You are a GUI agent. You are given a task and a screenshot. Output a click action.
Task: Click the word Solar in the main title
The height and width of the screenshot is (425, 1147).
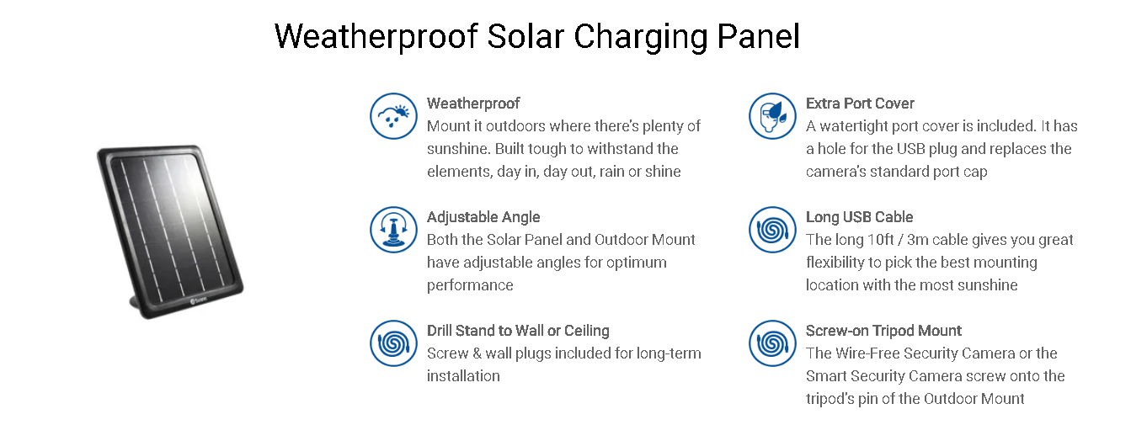pyautogui.click(x=525, y=36)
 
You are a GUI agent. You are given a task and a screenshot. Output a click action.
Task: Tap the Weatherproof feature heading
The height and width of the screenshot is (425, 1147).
pyautogui.click(x=473, y=104)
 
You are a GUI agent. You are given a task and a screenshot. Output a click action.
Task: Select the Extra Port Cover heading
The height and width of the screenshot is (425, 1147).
pyautogui.click(x=860, y=104)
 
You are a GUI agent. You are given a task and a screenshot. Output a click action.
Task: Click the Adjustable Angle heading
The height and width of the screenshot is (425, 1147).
pyautogui.click(x=483, y=217)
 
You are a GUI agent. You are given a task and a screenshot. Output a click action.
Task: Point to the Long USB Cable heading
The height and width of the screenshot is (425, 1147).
pyautogui.click(x=859, y=217)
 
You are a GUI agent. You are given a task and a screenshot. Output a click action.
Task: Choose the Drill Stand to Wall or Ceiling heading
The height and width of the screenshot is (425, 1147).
pyautogui.click(x=518, y=331)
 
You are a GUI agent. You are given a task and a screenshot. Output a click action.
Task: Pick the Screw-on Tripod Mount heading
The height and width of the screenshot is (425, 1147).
pyautogui.click(x=883, y=331)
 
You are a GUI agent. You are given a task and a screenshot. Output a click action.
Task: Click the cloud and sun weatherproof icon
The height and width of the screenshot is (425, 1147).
pyautogui.click(x=393, y=116)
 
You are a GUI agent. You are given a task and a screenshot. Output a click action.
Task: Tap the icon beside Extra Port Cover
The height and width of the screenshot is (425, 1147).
pyautogui.click(x=772, y=116)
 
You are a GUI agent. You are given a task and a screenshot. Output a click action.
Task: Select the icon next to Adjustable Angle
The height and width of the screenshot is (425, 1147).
pyautogui.click(x=393, y=230)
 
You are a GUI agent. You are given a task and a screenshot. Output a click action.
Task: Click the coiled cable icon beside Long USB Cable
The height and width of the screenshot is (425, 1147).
pyautogui.click(x=772, y=230)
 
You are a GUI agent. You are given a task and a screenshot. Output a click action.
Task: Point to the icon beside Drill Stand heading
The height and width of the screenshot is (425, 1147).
pyautogui.click(x=393, y=343)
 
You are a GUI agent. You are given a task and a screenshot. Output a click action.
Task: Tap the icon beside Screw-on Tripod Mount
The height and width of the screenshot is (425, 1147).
pyautogui.click(x=772, y=343)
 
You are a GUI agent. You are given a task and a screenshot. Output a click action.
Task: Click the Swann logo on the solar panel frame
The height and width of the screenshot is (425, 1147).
pyautogui.click(x=199, y=300)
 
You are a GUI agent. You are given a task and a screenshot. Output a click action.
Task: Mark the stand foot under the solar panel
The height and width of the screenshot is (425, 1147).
pyautogui.click(x=136, y=305)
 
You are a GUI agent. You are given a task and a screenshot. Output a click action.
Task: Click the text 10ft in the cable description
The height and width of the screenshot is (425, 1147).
pyautogui.click(x=881, y=239)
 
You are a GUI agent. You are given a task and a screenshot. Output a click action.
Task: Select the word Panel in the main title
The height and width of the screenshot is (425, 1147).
pyautogui.click(x=758, y=36)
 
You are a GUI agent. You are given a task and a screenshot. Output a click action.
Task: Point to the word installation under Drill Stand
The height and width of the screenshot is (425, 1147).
pyautogui.click(x=463, y=376)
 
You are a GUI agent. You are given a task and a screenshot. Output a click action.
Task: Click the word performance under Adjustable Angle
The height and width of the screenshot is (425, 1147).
pyautogui.click(x=470, y=285)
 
